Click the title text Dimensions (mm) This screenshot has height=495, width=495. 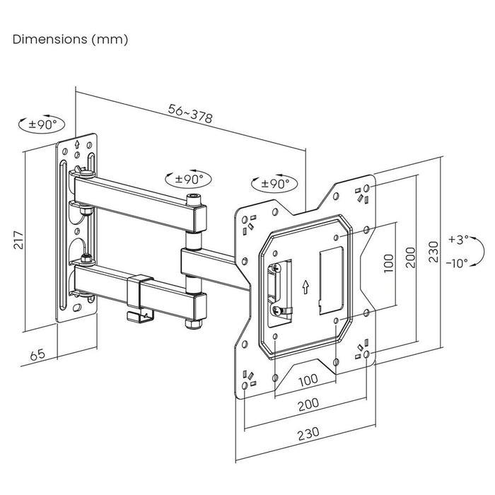pos(71,40)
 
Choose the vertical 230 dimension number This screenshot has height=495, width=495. pos(433,250)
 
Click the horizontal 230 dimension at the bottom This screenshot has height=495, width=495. pos(307,431)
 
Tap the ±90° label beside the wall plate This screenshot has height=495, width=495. pos(42,125)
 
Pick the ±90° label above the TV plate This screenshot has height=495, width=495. pos(271,183)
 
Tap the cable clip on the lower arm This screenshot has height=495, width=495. pos(141,296)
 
